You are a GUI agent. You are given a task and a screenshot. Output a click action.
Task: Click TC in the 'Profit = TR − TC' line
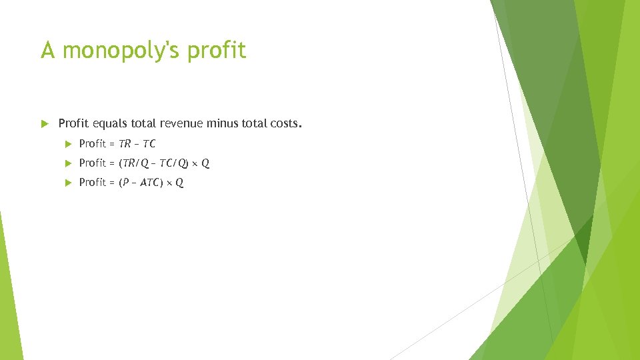tap(149, 143)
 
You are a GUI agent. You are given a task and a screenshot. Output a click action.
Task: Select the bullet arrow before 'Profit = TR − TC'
tap(67, 143)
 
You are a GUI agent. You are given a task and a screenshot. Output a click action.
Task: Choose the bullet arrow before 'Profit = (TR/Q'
tap(67, 163)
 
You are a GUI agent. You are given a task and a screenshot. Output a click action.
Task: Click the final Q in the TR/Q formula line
tap(205, 163)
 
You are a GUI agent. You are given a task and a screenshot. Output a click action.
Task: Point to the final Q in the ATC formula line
tap(179, 182)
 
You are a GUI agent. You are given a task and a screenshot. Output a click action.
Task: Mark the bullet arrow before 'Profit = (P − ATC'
tap(67, 182)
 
